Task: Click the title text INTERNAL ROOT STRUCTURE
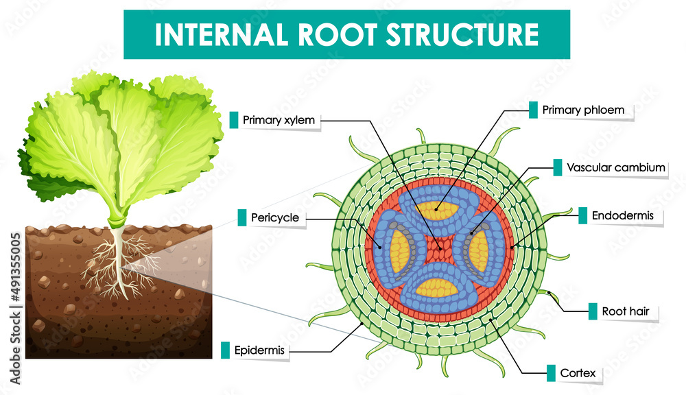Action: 346,34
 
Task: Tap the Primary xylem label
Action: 279,121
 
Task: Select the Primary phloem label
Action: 578,110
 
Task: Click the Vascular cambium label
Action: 616,167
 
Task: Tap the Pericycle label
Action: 276,218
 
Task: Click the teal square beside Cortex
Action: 551,374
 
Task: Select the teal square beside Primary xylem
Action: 234,120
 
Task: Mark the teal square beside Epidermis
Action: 226,350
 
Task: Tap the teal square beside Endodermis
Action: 582,216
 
